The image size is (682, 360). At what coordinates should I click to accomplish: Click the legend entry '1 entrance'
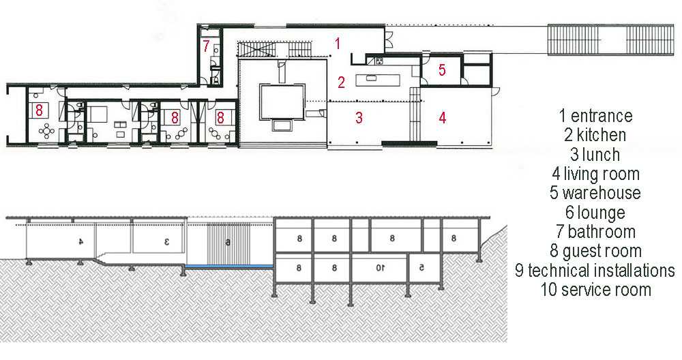click(595, 116)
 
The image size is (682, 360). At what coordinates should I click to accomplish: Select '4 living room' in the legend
click(595, 174)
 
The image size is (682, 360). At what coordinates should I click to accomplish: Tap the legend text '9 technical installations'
click(595, 271)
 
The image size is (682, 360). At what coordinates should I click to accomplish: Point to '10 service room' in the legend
click(595, 290)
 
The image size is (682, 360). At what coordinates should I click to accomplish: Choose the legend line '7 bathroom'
click(595, 232)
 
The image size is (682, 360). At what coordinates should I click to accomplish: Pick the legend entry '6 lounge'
click(595, 213)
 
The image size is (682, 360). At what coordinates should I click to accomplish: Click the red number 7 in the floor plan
click(206, 45)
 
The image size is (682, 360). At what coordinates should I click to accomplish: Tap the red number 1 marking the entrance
click(337, 44)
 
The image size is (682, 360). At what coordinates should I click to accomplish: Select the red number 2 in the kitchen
click(341, 82)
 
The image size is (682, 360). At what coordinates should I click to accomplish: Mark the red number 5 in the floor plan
click(442, 70)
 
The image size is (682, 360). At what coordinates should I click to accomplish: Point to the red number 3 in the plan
click(359, 117)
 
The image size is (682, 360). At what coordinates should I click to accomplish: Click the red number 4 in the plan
click(443, 117)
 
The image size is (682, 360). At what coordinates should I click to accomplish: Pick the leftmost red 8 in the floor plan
click(39, 110)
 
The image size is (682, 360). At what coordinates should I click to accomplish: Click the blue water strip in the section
click(229, 266)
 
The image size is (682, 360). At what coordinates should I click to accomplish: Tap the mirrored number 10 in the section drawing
click(380, 268)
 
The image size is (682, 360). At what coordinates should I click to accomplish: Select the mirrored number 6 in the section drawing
click(227, 243)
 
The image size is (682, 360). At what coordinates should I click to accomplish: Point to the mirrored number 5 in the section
click(421, 268)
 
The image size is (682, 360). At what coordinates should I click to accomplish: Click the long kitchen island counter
click(378, 80)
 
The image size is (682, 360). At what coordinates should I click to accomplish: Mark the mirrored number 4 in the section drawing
click(80, 241)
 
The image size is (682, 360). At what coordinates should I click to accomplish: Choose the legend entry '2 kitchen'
click(595, 135)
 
